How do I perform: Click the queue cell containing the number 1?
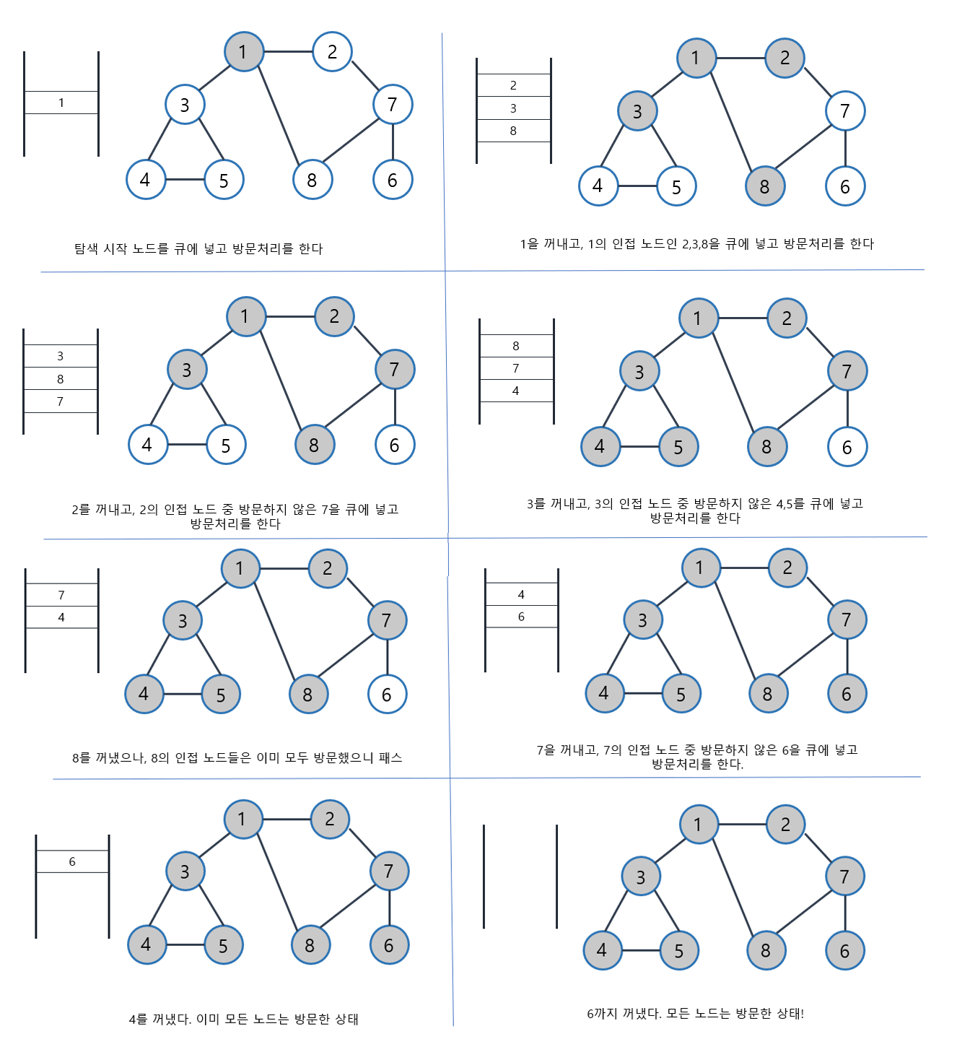pos(61,103)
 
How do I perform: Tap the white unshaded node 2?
pos(332,52)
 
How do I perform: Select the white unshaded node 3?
pos(185,105)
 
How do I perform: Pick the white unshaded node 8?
pos(313,180)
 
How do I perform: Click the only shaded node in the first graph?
pos(243,52)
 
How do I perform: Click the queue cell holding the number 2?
pos(513,85)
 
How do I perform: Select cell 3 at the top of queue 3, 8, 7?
pos(60,356)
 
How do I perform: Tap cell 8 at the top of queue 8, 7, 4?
pos(516,346)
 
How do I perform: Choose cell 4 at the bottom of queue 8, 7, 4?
pos(516,391)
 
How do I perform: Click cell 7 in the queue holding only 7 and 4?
pos(61,595)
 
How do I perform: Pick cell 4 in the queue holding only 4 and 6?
pos(521,594)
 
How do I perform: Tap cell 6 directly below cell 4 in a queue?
pos(521,617)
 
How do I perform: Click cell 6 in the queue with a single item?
pos(72,861)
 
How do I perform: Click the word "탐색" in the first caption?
pos(86,249)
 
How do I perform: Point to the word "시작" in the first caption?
pos(115,249)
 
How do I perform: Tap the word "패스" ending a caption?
pos(390,757)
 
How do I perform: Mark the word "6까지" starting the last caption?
pos(603,1014)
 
